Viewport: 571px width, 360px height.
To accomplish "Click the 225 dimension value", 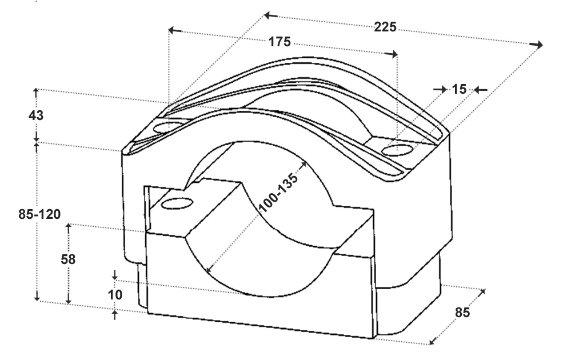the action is [385, 27].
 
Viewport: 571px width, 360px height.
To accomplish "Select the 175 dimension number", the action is [279, 42].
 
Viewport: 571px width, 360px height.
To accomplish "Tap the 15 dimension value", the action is [459, 89].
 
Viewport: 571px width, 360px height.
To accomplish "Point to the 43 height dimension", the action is [36, 115].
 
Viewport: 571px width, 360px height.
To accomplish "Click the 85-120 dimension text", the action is [39, 214].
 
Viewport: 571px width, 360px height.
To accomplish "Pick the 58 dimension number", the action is [68, 259].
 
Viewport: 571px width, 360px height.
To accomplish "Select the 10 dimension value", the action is [115, 294].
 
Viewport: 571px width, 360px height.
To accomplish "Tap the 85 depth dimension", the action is [462, 313].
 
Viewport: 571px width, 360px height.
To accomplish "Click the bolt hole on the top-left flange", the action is [168, 127].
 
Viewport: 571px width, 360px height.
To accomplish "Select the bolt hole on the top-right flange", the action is [398, 149].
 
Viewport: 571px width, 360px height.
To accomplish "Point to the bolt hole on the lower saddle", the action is [177, 203].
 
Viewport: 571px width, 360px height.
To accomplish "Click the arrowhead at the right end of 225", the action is [536, 45].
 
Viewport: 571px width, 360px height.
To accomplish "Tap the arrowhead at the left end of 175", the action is [175, 30].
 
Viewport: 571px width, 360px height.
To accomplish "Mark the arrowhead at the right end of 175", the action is [391, 54].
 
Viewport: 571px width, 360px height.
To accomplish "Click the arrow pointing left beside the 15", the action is [481, 90].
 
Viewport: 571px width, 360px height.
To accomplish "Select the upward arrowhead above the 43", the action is [35, 92].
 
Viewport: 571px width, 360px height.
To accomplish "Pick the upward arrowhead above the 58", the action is [68, 228].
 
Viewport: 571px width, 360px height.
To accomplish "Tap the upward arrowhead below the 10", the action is [115, 315].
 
